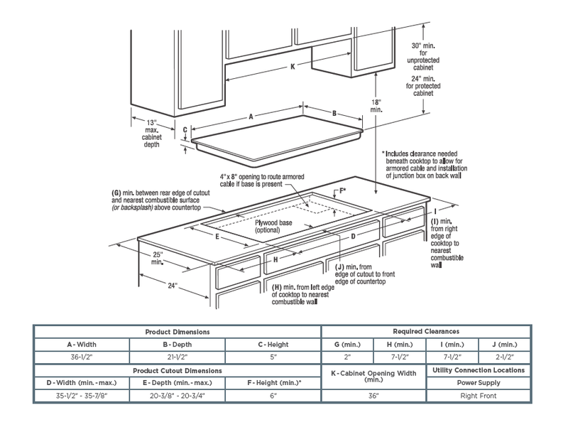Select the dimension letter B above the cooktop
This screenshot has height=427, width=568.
click(334, 114)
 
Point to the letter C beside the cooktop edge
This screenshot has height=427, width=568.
click(185, 130)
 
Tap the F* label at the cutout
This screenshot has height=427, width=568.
click(343, 190)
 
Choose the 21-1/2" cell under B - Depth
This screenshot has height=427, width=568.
click(177, 356)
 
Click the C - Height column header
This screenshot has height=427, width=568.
click(273, 344)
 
